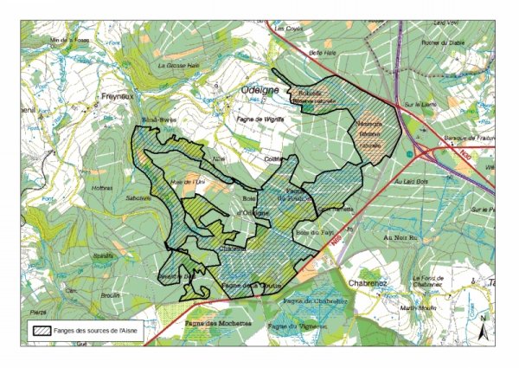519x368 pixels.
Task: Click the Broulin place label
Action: point(109,294)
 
